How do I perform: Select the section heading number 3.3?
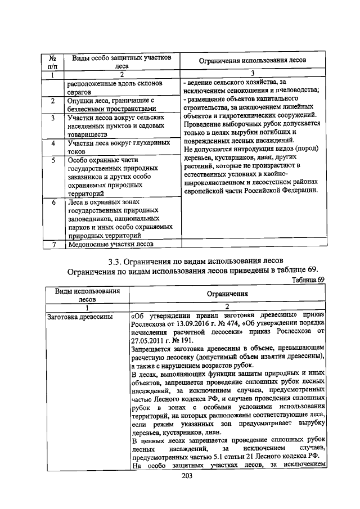coord(114,261)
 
